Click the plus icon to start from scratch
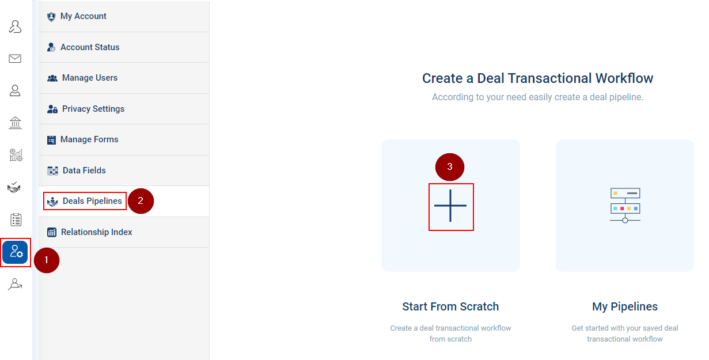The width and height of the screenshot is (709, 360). click(450, 206)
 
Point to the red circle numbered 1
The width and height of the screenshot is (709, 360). click(47, 260)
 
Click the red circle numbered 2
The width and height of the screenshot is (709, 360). click(141, 201)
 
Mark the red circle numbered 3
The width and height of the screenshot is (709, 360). click(450, 167)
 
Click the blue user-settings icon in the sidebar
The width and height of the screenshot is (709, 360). click(15, 252)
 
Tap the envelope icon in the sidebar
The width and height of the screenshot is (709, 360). click(15, 59)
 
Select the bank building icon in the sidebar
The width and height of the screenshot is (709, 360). click(15, 123)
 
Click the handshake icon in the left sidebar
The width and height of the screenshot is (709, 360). click(14, 187)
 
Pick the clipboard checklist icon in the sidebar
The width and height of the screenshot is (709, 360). click(16, 219)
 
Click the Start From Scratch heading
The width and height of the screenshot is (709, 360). click(450, 306)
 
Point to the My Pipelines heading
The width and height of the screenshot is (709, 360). click(625, 306)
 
